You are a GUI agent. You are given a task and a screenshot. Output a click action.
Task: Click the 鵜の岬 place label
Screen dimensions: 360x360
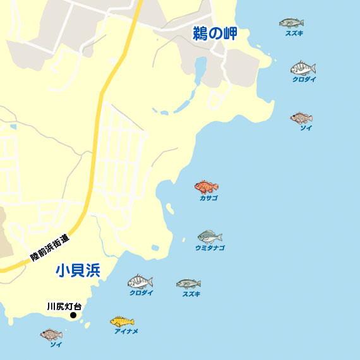(215, 34)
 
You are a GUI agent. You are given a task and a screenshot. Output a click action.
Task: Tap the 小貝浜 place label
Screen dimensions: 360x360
(78, 271)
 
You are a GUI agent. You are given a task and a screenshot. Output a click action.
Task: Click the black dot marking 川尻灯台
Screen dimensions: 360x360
(73, 315)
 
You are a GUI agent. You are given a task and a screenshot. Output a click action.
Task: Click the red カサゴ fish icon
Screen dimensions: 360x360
(206, 187)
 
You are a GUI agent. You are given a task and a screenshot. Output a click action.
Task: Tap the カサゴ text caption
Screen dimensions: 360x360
(208, 198)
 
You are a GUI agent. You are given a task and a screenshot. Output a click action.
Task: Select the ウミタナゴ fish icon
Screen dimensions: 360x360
(210, 237)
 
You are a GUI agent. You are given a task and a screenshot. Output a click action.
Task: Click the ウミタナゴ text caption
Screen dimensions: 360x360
(210, 248)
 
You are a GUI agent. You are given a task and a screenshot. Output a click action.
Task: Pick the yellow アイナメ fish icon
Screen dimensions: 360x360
(122, 321)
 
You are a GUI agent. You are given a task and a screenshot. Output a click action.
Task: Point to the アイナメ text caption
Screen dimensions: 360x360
(126, 331)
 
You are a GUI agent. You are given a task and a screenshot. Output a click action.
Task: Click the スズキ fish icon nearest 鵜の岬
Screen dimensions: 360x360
(291, 23)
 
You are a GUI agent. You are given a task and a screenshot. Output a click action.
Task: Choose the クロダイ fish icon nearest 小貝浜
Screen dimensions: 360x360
(140, 282)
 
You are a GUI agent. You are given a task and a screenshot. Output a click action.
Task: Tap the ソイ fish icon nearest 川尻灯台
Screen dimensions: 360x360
(51, 334)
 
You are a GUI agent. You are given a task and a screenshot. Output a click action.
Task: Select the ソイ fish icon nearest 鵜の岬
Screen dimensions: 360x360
(301, 117)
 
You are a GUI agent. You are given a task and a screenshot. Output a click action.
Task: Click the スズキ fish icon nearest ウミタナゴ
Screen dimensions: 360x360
(188, 284)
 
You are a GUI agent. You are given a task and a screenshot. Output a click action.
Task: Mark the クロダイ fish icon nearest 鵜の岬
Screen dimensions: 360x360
(303, 68)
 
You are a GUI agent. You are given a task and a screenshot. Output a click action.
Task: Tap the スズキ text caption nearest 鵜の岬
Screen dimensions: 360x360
(294, 33)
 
